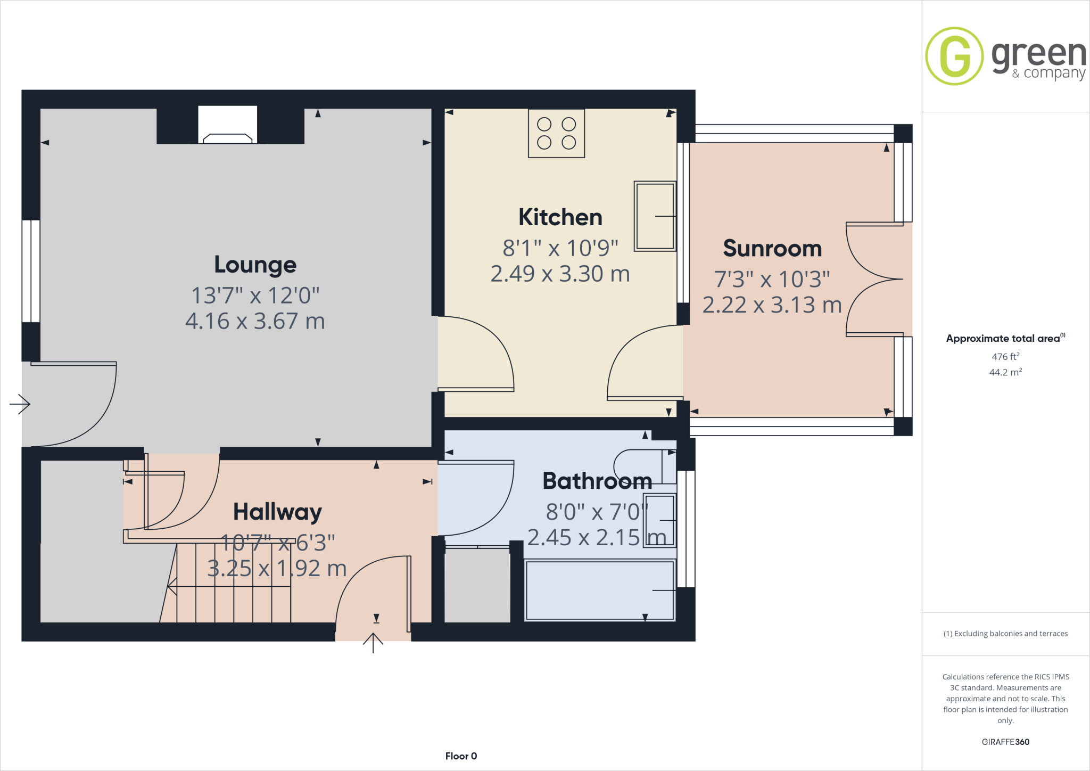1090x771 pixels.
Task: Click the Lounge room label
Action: tap(255, 265)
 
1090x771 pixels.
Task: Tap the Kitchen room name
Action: tap(560, 217)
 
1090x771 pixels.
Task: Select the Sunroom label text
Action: tap(772, 249)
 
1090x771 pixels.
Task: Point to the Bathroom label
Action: tap(597, 481)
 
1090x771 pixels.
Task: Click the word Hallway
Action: tap(277, 512)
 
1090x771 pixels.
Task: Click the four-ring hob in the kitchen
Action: tap(556, 133)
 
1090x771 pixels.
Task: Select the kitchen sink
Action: tap(655, 216)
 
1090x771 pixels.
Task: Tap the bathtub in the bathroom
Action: tap(599, 590)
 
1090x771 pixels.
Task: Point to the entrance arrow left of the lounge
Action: tap(20, 404)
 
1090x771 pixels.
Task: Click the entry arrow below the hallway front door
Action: tap(373, 643)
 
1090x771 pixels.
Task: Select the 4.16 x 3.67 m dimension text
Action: tap(255, 321)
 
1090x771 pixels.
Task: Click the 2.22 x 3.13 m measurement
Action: tap(772, 305)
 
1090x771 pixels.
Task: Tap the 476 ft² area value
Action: tap(1005, 357)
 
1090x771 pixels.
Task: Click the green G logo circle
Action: tap(954, 56)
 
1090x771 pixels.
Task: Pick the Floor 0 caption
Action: tap(461, 756)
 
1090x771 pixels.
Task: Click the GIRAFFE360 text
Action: tap(1005, 742)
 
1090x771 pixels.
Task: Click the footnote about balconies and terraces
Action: tap(1005, 634)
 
